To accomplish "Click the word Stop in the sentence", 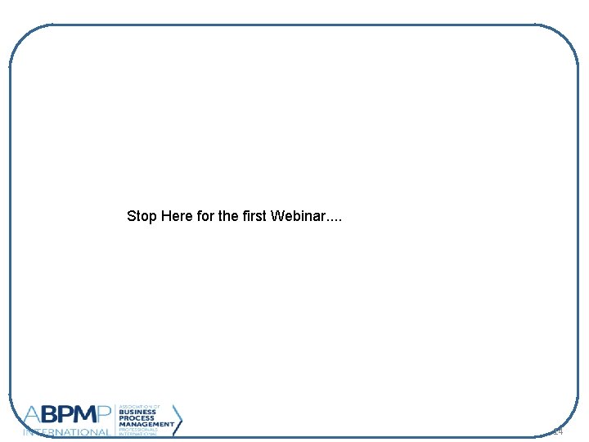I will tap(142, 217).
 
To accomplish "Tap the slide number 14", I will tap(558, 431).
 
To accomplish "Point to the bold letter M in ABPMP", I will tap(87, 417).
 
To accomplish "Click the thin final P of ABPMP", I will tap(108, 417).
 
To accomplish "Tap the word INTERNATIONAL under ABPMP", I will tap(67, 432).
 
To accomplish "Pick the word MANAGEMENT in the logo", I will tap(146, 424).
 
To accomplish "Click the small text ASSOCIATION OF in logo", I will tap(138, 406).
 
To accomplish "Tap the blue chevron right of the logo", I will tap(178, 421).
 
